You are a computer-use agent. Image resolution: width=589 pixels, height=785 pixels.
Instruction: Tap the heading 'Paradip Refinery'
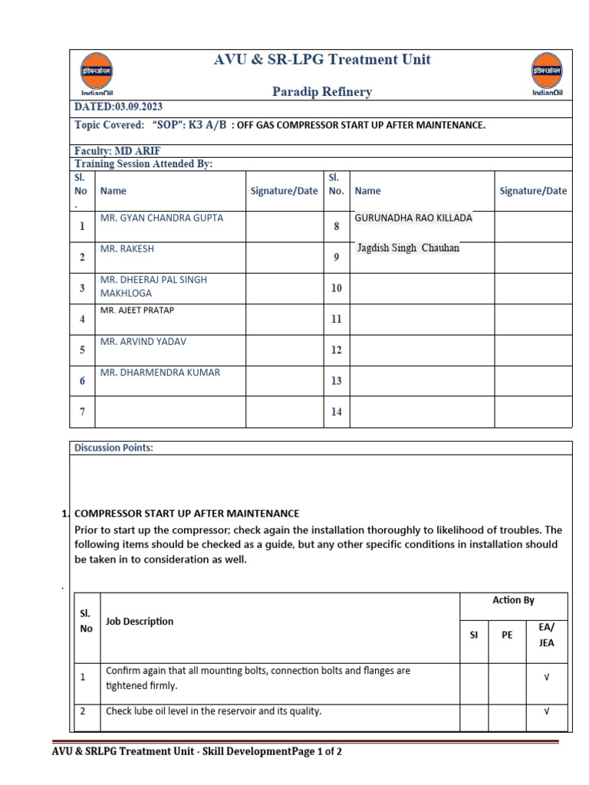coord(322,92)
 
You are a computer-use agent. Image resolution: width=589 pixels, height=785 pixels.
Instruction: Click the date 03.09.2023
coord(137,107)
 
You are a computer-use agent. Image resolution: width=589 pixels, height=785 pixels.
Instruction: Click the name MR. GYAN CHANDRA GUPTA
coord(162,218)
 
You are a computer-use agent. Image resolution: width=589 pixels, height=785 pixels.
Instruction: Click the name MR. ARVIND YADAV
coord(143,341)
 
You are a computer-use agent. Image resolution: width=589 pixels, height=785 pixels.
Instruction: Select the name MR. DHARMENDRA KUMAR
coord(160,373)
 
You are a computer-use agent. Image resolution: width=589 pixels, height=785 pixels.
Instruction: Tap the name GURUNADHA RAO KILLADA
coord(413,218)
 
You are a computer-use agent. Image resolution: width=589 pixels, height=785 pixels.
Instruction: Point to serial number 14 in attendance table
coord(336,412)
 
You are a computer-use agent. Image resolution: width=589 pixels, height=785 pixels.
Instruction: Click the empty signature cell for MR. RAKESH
coord(284,258)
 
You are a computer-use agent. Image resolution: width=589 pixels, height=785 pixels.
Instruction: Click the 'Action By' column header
coord(513,600)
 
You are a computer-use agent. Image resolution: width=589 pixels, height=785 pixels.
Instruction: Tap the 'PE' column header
coord(507,635)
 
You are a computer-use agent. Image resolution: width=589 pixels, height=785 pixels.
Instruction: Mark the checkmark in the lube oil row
coord(546,711)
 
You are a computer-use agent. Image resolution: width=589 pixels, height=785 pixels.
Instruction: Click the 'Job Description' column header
coord(140,622)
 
